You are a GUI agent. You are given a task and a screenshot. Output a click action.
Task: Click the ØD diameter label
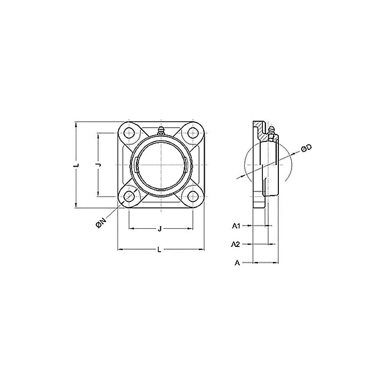pyautogui.click(x=307, y=149)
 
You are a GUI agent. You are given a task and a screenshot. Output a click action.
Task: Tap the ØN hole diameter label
pyautogui.click(x=100, y=224)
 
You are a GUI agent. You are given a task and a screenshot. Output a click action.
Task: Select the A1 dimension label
pyautogui.click(x=236, y=225)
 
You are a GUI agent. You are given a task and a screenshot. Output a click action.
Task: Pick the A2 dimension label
pyautogui.click(x=236, y=244)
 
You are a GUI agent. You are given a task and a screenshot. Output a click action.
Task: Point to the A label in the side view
pyautogui.click(x=237, y=263)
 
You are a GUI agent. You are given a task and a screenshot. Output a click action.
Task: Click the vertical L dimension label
pyautogui.click(x=76, y=165)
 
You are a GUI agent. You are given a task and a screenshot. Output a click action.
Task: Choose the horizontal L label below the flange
pyautogui.click(x=159, y=250)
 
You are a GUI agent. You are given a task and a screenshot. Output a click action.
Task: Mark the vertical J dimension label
pyautogui.click(x=98, y=165)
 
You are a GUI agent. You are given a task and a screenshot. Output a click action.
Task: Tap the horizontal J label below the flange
pyautogui.click(x=160, y=229)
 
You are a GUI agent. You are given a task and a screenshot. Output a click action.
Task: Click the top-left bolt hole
pyautogui.click(x=129, y=133)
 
